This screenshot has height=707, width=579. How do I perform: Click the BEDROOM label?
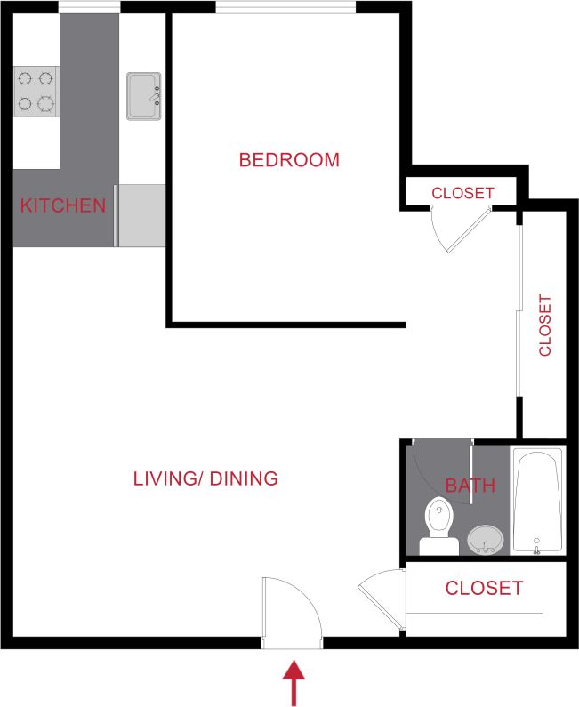tap(289, 160)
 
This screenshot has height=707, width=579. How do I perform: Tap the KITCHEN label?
tap(63, 206)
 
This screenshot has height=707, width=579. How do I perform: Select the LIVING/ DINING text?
tap(205, 478)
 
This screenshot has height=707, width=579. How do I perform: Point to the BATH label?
tap(470, 486)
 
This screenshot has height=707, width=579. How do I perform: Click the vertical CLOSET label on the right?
tap(545, 325)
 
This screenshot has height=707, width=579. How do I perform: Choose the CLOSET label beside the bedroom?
tap(462, 193)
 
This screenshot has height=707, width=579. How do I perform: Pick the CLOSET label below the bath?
tap(484, 588)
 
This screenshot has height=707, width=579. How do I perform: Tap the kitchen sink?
tap(143, 96)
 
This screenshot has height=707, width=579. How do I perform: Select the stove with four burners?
tap(36, 91)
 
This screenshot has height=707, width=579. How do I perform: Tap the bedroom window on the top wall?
tap(285, 8)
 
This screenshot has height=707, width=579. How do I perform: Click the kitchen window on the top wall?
tap(89, 8)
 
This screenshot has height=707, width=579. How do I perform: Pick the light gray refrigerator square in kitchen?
tap(142, 215)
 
